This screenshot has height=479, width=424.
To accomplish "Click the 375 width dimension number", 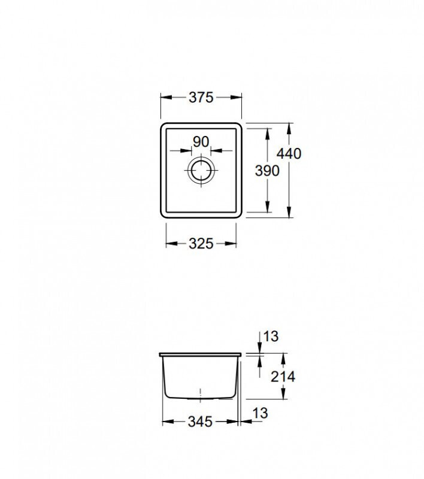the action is tap(201, 98).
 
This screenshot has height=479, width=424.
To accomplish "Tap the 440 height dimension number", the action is tap(289, 153).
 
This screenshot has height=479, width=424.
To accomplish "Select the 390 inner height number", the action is tap(267, 171).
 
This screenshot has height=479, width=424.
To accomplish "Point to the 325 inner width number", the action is tap(201, 244).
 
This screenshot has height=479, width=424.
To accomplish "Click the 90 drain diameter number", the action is tap(201, 142).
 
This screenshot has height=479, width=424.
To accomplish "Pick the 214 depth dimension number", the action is tap(283, 377).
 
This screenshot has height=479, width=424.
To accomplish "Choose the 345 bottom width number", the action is tap(200, 422).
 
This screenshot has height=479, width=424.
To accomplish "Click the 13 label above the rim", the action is tap(271, 336).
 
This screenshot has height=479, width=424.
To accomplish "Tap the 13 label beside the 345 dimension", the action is tap(261, 413).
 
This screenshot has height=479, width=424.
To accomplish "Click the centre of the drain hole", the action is tap(201, 170).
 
